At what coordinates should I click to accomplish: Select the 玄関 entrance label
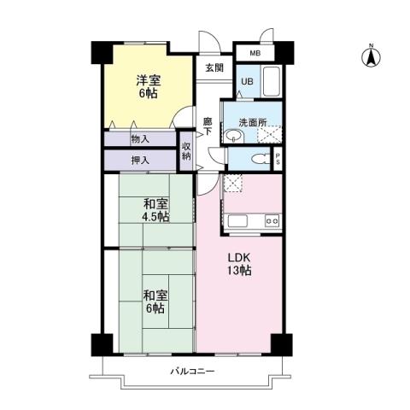[x=214, y=68]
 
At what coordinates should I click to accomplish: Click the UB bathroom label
[x=246, y=82]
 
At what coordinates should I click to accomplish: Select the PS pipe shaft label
[x=277, y=159]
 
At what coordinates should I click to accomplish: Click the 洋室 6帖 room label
[x=147, y=86]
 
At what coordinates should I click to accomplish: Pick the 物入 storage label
[x=140, y=138]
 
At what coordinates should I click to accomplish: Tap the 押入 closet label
[x=140, y=159]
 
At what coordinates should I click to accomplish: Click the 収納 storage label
[x=187, y=151]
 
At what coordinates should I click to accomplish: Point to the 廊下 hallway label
[x=208, y=127]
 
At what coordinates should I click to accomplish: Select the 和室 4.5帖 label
[x=155, y=209]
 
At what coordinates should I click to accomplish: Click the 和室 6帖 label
[x=155, y=301]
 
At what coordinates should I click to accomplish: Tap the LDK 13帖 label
[x=238, y=263]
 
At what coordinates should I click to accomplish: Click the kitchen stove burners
[x=272, y=222]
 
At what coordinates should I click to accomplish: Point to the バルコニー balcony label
[x=191, y=372]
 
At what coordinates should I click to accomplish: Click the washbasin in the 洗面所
[x=232, y=135]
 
